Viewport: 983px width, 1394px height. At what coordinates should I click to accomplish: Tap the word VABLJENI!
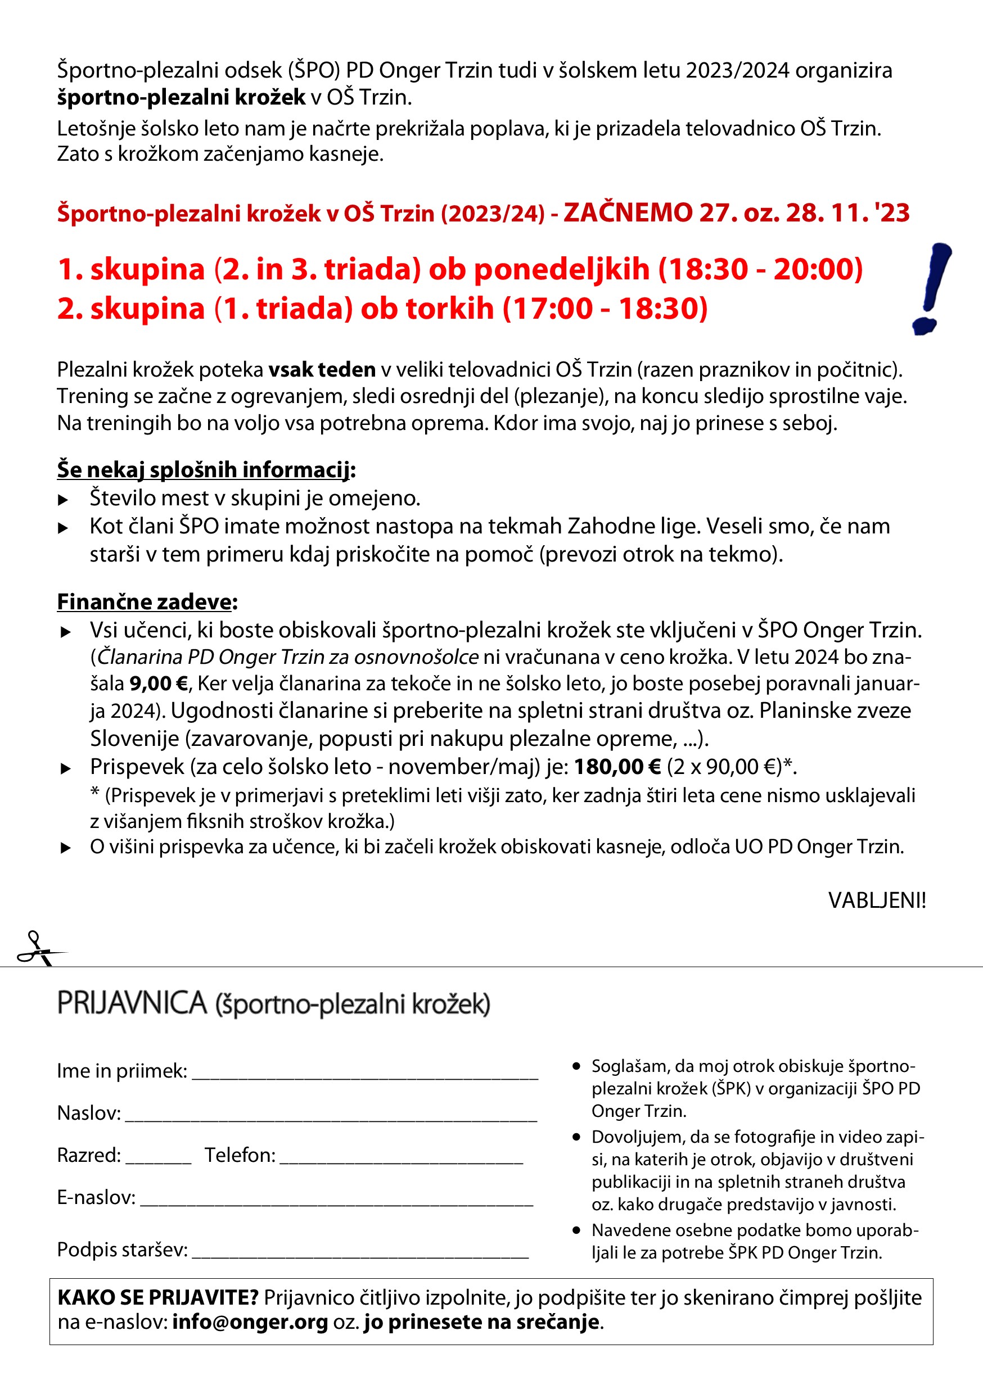[x=877, y=900]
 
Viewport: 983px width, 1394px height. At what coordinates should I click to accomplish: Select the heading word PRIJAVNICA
[x=132, y=1003]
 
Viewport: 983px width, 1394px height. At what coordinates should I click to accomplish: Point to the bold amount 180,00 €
[x=617, y=767]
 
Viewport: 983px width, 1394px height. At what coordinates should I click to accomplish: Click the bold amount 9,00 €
[x=159, y=684]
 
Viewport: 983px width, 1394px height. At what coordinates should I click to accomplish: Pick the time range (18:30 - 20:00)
[x=761, y=269]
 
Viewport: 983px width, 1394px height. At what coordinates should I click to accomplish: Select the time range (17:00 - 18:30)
[x=605, y=309]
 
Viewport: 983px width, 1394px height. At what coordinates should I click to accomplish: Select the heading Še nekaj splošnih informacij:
[x=206, y=470]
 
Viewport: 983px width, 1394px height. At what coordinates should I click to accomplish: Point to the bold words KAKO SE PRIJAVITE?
[x=158, y=1297]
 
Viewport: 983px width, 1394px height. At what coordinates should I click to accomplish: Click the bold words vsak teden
[x=322, y=369]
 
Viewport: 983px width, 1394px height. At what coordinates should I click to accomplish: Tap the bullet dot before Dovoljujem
[x=576, y=1137]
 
